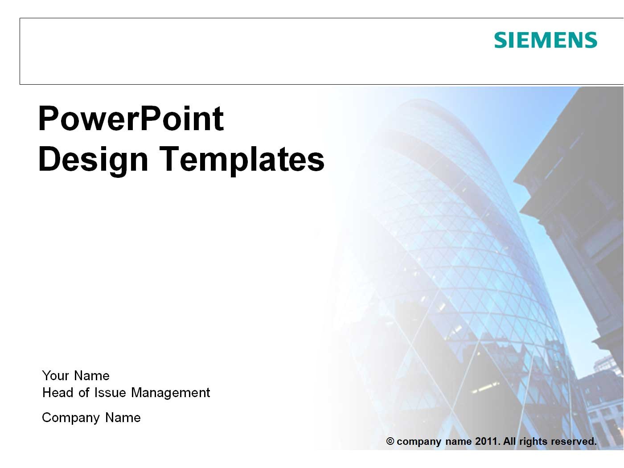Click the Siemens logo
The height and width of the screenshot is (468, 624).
coord(545,40)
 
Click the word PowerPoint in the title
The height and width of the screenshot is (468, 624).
coord(131,119)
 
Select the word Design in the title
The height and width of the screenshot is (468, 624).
coord(93,160)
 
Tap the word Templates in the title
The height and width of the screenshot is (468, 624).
coord(242,160)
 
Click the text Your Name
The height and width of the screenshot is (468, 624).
coord(76,376)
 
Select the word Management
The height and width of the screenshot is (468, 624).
coord(170,393)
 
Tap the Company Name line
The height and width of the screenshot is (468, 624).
coord(91,418)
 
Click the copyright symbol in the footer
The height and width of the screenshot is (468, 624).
coord(390,441)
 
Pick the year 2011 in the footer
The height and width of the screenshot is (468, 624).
coord(487,441)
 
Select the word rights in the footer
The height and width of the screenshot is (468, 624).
coord(533,441)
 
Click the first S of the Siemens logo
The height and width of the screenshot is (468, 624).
coord(501,40)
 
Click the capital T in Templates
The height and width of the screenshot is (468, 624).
coord(169,159)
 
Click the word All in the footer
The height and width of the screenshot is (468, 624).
coord(509,441)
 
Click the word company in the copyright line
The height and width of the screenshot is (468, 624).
coord(419,442)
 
